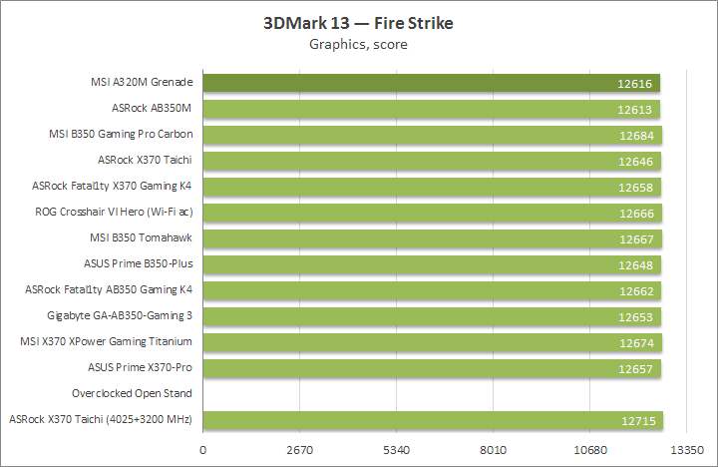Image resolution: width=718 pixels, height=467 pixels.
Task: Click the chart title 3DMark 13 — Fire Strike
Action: coord(358,23)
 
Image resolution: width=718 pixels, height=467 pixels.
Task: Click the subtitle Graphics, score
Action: coord(358,44)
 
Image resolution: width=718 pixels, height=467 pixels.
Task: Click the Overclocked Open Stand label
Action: coord(132,394)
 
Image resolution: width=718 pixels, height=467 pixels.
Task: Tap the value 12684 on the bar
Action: coord(636,135)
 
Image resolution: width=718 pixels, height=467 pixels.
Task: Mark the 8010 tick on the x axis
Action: coord(494,450)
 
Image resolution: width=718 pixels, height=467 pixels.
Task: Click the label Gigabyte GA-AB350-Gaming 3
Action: coord(119,316)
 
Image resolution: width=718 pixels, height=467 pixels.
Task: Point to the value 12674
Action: coord(636,342)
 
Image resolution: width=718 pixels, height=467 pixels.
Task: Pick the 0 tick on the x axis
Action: coord(203,450)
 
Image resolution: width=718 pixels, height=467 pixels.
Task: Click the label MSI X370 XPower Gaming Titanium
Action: coord(107,342)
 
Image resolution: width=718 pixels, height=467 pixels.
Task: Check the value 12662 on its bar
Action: coord(636,290)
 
